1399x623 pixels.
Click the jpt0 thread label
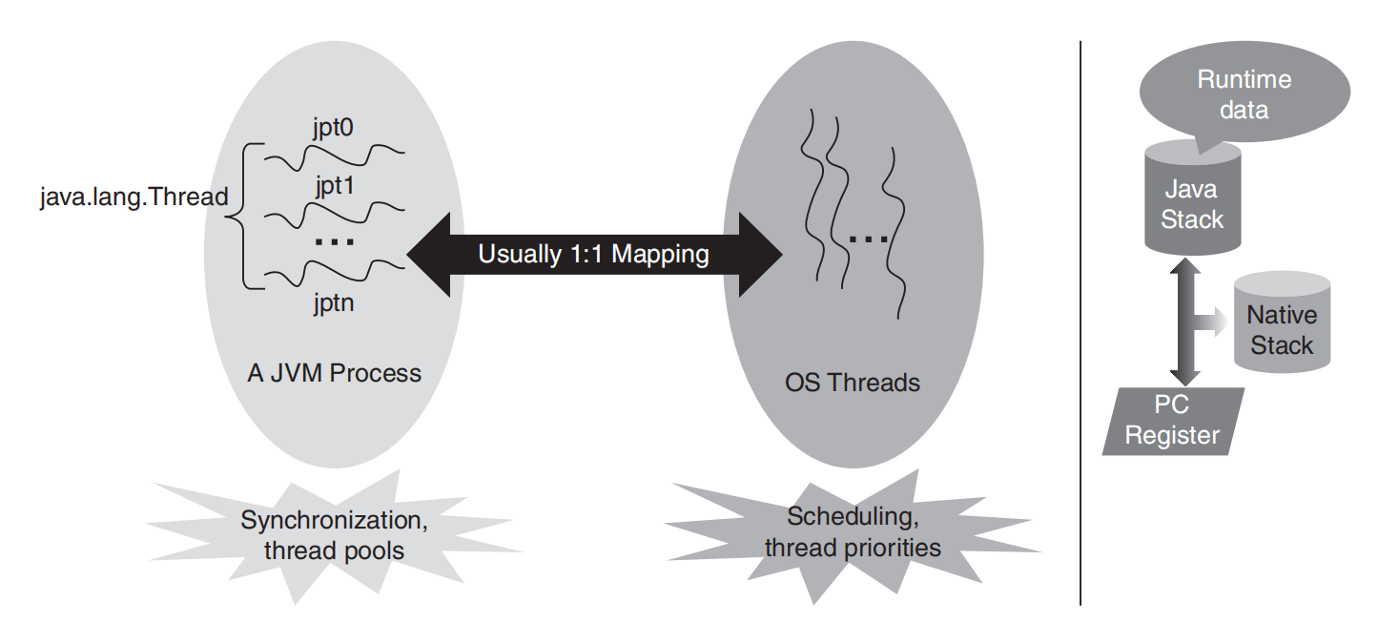(x=333, y=128)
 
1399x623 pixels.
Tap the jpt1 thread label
(x=335, y=186)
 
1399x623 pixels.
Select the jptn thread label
(x=334, y=303)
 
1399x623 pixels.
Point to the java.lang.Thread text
(x=134, y=197)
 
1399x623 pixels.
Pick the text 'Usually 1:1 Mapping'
(x=593, y=255)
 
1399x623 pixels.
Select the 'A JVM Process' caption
(x=334, y=373)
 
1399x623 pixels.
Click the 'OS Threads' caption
(x=853, y=383)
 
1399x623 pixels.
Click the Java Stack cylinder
(x=1192, y=198)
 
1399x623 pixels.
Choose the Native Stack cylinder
(x=1283, y=323)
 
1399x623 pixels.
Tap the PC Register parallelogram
(x=1173, y=421)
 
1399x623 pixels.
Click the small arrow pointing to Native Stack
(x=1212, y=322)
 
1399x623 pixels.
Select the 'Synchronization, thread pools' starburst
(x=334, y=536)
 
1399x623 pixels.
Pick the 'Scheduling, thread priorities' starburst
(x=853, y=533)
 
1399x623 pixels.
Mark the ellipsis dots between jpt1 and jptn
(x=335, y=241)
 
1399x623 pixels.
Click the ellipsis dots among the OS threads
(x=868, y=239)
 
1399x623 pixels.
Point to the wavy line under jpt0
(x=334, y=156)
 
